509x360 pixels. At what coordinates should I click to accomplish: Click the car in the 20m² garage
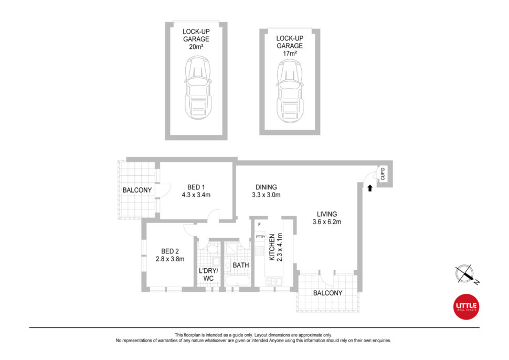(x=198, y=88)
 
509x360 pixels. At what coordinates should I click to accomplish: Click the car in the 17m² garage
(x=290, y=91)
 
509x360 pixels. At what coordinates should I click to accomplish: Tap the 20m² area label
(x=196, y=47)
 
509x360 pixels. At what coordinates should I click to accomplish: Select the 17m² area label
(x=290, y=54)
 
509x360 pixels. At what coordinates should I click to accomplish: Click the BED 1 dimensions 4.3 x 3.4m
(x=196, y=195)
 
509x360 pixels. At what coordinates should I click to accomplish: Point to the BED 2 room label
(x=170, y=251)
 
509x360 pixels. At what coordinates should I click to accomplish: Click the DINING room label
(x=266, y=187)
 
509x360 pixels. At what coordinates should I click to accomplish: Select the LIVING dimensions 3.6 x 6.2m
(x=327, y=222)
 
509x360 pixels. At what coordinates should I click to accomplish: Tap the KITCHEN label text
(x=272, y=247)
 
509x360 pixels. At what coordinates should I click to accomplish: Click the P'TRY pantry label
(x=260, y=237)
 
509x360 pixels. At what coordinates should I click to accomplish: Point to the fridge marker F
(x=259, y=224)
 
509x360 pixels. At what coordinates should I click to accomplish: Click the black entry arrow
(x=370, y=188)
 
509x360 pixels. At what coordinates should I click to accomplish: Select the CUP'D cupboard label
(x=383, y=174)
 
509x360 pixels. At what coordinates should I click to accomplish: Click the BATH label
(x=241, y=265)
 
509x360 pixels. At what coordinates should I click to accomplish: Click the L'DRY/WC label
(x=208, y=274)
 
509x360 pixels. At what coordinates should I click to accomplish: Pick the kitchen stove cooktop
(x=259, y=251)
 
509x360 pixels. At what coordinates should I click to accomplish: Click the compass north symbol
(x=466, y=274)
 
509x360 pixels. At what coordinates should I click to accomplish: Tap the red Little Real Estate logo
(x=466, y=307)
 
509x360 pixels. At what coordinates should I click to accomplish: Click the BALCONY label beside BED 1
(x=137, y=190)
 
